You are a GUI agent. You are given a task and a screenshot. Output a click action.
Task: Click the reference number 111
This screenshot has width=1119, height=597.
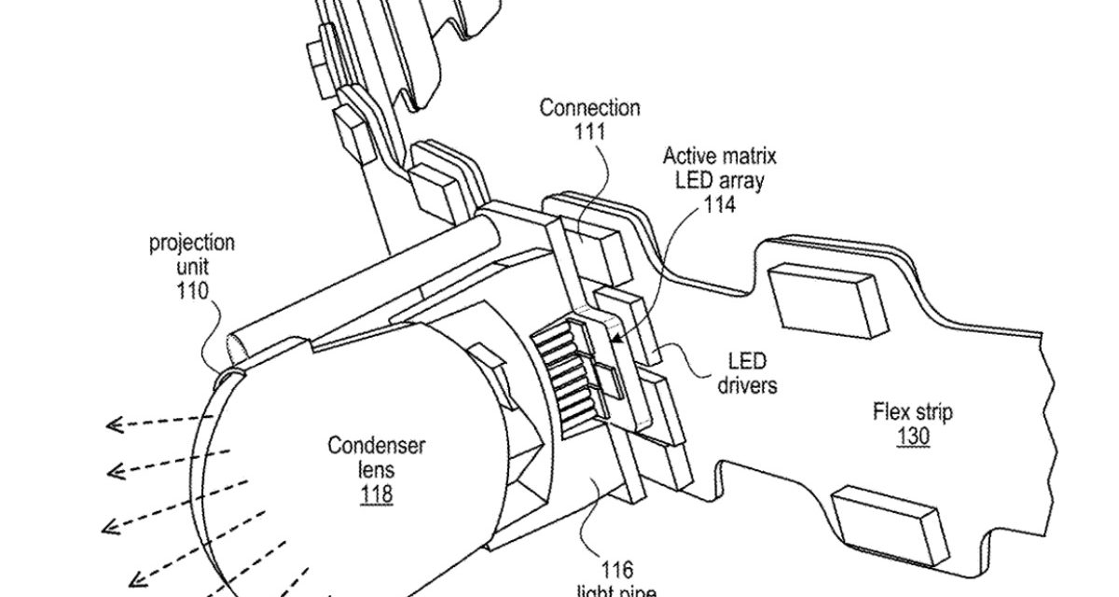click(x=590, y=131)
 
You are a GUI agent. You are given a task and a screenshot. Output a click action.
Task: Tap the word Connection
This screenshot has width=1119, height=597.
click(x=590, y=107)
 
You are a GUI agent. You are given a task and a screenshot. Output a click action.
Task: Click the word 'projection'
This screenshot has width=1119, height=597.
click(x=192, y=244)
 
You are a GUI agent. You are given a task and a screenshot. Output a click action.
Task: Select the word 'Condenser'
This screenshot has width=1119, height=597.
click(x=376, y=445)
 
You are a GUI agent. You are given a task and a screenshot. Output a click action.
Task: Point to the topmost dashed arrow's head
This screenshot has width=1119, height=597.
click(x=114, y=425)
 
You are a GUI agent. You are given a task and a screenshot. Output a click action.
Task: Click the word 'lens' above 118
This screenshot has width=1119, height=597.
click(x=376, y=469)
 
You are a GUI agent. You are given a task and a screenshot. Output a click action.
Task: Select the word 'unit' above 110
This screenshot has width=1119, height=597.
click(x=192, y=268)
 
